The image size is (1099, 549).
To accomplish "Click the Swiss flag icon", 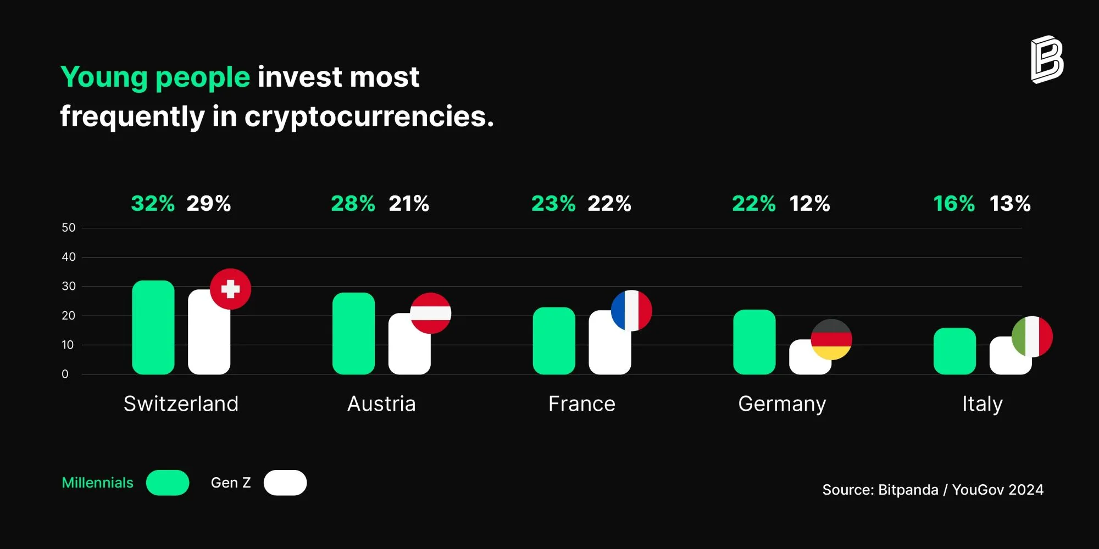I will tap(230, 289).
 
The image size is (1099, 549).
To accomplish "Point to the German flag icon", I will tap(831, 339).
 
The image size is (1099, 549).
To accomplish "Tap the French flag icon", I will tap(631, 311).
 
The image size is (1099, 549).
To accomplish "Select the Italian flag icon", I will tap(1032, 337).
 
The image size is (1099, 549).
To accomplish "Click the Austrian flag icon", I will tap(431, 313).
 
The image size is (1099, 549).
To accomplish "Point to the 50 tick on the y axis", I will tap(69, 228).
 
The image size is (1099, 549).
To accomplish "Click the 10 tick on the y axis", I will tap(68, 345).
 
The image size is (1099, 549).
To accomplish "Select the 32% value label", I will tap(153, 204).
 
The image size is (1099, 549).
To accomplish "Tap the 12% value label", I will tap(809, 204).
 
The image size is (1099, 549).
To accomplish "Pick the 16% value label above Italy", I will tap(954, 204).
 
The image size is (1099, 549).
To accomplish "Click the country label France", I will tap(582, 404).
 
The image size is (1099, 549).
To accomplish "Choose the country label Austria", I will tap(381, 404).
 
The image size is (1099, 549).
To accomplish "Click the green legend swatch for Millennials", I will tap(168, 483).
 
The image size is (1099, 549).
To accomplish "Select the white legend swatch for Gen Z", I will tap(285, 483).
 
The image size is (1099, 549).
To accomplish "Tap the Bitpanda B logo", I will tap(1047, 60).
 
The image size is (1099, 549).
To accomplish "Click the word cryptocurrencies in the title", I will tap(369, 116).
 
